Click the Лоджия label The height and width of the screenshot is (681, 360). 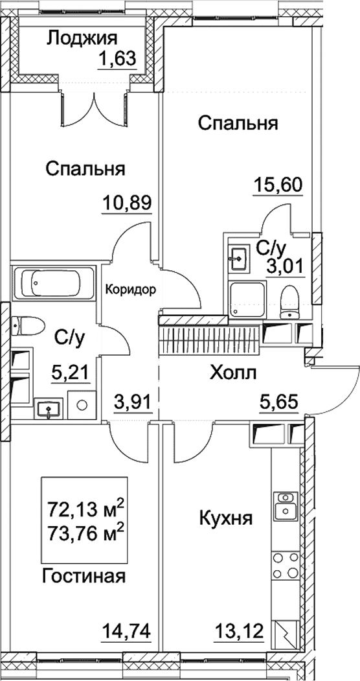pyautogui.click(x=82, y=38)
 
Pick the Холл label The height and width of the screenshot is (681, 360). pyautogui.click(x=233, y=373)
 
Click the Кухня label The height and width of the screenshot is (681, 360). pyautogui.click(x=226, y=518)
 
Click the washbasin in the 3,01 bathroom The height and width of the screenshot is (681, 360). pyautogui.click(x=238, y=258)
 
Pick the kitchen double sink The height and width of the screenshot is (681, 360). pyautogui.click(x=283, y=505)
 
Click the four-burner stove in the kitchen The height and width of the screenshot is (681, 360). pyautogui.click(x=283, y=565)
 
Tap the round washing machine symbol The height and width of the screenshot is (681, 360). pyautogui.click(x=81, y=406)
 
